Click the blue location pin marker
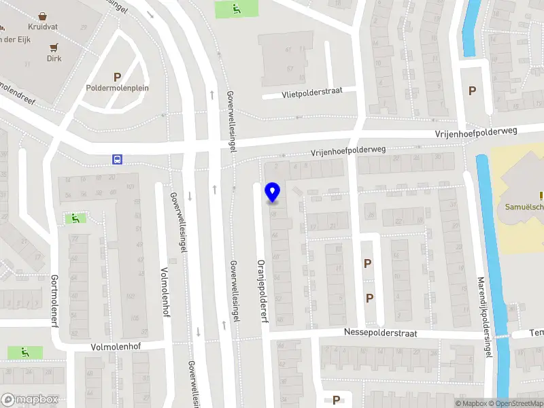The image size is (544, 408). point(273,192)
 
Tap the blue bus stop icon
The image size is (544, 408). point(118,160)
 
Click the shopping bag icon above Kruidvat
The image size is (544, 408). point(43,14)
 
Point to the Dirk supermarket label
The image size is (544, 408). point(54,58)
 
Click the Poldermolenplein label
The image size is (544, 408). point(118,88)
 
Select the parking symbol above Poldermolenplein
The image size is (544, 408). point(117,77)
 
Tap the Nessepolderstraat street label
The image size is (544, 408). point(381,333)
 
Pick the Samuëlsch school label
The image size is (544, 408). point(524,207)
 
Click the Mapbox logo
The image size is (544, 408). point(30,400)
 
